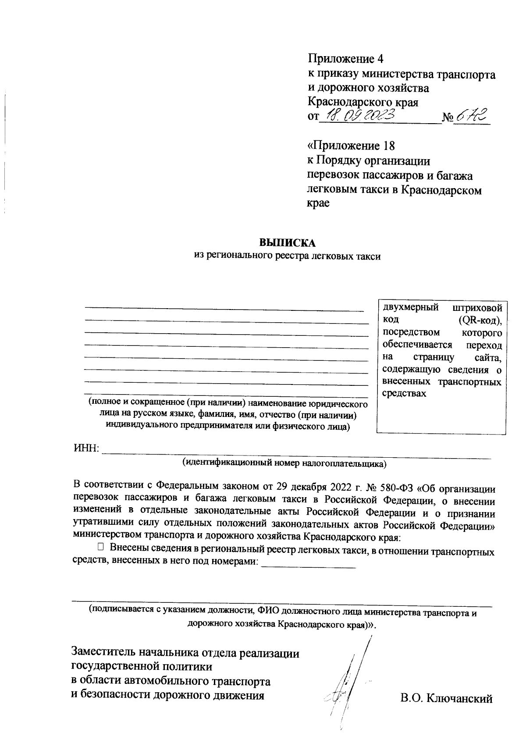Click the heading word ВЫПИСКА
pyautogui.click(x=288, y=243)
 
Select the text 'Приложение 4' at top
pyautogui.click(x=346, y=58)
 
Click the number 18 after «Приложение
pyautogui.click(x=389, y=145)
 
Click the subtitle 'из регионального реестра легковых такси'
pyautogui.click(x=288, y=257)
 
